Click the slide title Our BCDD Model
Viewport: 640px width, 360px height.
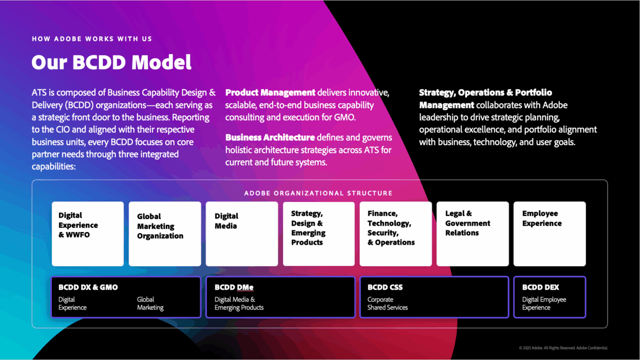click(111, 62)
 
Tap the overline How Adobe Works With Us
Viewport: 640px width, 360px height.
click(92, 39)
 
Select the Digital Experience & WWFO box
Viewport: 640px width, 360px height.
click(88, 234)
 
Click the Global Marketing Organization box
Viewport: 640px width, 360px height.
click(165, 234)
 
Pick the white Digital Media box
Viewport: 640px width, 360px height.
click(242, 234)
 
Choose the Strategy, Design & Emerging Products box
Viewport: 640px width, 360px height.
click(319, 234)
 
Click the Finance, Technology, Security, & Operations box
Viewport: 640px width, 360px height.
click(396, 234)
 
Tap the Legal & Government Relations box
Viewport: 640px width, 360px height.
click(472, 234)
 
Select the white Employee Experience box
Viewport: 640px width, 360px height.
click(550, 234)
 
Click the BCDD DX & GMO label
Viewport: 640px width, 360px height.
click(88, 287)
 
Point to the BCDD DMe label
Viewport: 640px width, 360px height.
click(234, 287)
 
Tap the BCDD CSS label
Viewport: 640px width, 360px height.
click(385, 287)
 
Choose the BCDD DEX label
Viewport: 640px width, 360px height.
click(540, 287)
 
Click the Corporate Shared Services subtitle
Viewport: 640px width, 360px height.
click(387, 303)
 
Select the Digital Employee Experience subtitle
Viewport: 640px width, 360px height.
click(544, 303)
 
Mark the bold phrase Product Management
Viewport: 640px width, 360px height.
click(270, 92)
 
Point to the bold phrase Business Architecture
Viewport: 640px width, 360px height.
click(270, 137)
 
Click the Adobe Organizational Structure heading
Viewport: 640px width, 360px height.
click(318, 193)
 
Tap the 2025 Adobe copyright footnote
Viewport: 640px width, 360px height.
click(563, 348)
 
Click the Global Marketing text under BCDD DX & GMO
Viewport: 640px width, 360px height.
click(150, 303)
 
